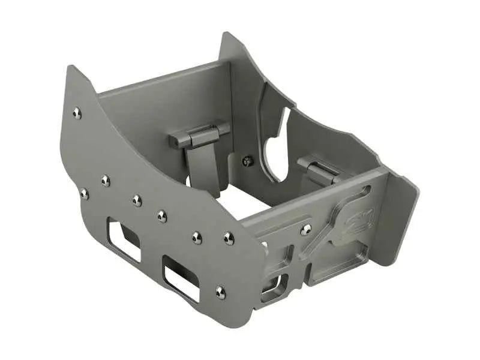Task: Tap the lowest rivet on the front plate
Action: pyautogui.click(x=220, y=292)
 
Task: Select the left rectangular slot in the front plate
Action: pyautogui.click(x=124, y=239)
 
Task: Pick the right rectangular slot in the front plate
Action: pyautogui.click(x=181, y=278)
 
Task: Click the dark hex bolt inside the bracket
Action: pyautogui.click(x=247, y=161)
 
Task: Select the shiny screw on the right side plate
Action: pyautogui.click(x=306, y=229)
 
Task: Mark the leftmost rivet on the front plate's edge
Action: pyautogui.click(x=84, y=193)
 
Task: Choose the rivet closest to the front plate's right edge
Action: pyautogui.click(x=229, y=239)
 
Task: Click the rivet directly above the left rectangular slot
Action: pyautogui.click(x=137, y=200)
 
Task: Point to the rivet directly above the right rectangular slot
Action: pyautogui.click(x=197, y=238)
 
